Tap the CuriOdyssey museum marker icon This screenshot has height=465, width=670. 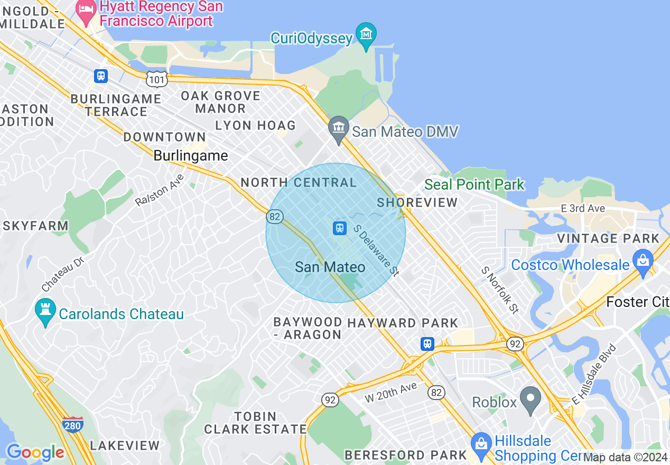[366, 35]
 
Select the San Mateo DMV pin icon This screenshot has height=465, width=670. [339, 128]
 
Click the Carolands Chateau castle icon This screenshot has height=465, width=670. [45, 311]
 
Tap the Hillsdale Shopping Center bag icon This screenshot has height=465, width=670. [481, 442]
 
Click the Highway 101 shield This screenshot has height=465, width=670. [157, 78]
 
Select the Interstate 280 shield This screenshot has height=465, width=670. [72, 424]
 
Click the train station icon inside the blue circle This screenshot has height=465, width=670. [339, 228]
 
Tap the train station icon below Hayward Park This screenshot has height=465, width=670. [427, 344]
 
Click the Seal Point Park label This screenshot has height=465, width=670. [474, 184]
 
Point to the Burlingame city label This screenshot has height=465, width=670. [191, 156]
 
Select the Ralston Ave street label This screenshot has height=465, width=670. [159, 190]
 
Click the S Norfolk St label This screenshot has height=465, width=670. [499, 290]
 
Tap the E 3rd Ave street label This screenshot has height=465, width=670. [583, 208]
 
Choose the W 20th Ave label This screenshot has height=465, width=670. [390, 393]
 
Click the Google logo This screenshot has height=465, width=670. [35, 452]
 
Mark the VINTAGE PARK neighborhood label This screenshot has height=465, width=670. [608, 238]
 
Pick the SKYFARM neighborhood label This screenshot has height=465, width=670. [35, 226]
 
